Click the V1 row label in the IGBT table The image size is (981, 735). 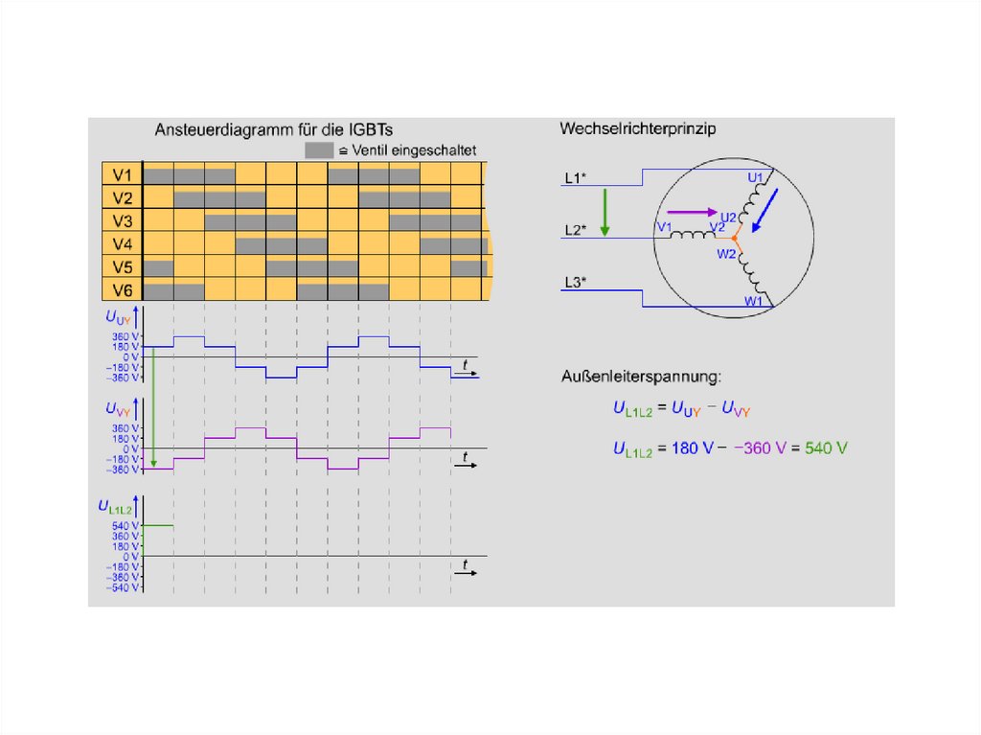click(122, 175)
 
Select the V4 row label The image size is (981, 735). click(122, 244)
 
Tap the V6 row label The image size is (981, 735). click(122, 289)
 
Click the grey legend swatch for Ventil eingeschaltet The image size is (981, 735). click(318, 150)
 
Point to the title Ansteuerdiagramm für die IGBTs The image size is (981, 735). click(275, 128)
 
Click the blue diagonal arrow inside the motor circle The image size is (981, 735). click(765, 210)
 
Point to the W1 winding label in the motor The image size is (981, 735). click(754, 300)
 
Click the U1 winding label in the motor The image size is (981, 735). click(755, 177)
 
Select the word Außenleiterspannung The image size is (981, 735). click(642, 376)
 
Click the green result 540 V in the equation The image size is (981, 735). click(827, 448)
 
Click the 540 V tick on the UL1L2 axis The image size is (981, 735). click(126, 526)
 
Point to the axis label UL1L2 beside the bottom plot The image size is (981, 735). click(114, 506)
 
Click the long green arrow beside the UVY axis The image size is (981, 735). click(153, 407)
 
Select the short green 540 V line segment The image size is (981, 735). click(158, 525)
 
